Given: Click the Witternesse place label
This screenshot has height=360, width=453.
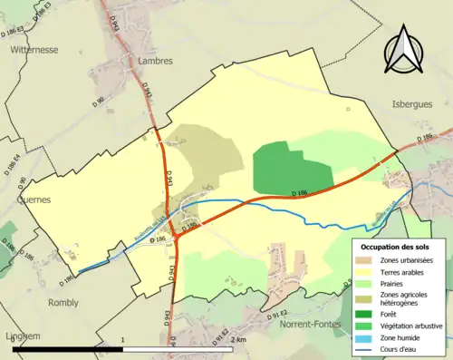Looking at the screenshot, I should pos(34,52).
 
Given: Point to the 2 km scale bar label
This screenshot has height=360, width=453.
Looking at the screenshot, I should pos(238,339).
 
